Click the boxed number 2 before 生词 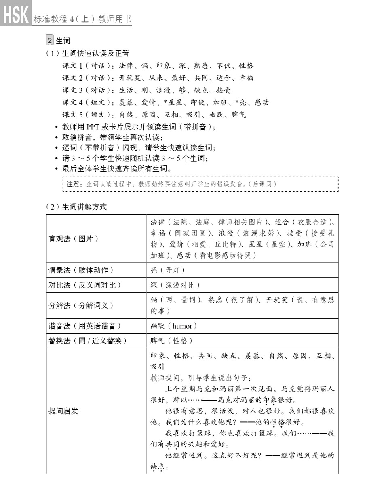coord(50,40)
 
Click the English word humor coord(185,326)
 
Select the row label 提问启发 coord(63,411)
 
